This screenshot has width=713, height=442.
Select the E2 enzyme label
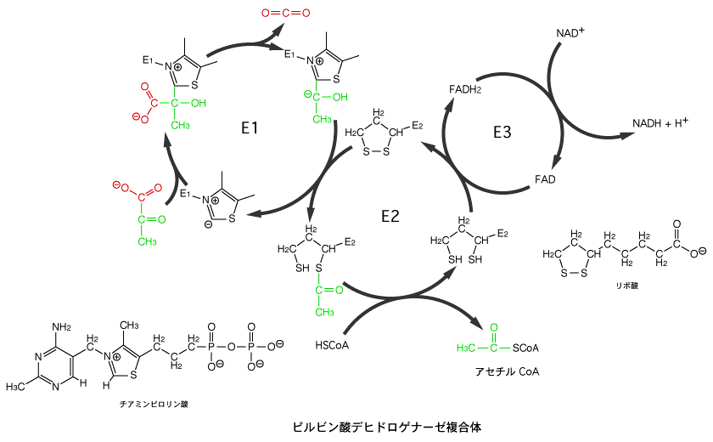coord(390,216)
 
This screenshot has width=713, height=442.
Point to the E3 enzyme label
coord(502,132)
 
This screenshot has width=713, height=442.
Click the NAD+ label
coord(570,32)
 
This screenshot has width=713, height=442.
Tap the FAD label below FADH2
coord(545,179)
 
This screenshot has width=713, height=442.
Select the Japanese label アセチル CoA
coord(508,371)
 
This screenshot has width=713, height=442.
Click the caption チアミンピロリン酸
coord(154,403)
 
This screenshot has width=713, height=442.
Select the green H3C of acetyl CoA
coord(468,348)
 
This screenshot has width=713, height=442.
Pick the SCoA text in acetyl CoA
coord(528,348)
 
